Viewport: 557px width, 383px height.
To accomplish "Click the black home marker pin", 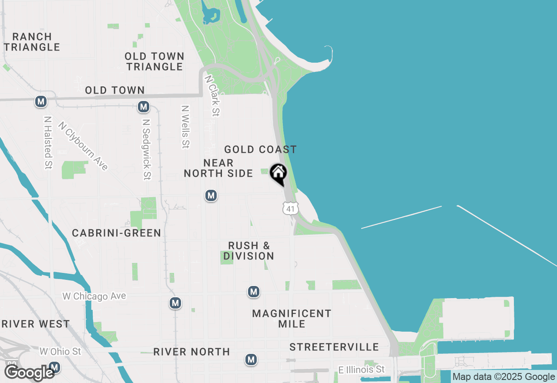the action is tap(278, 174).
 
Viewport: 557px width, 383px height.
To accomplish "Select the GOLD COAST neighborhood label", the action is tap(260, 149).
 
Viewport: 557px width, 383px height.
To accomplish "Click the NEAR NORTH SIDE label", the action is tap(218, 168).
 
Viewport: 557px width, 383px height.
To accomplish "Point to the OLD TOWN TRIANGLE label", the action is tap(154, 61).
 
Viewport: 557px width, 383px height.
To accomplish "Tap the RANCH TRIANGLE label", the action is tap(32, 42).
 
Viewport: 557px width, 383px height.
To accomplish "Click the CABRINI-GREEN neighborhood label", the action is tap(117, 233).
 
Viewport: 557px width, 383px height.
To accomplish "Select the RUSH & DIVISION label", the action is tap(249, 251).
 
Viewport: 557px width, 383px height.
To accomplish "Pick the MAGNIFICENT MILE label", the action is tap(292, 319).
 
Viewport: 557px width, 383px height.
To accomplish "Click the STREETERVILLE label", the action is tap(334, 347).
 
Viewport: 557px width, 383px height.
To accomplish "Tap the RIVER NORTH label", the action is tap(191, 352).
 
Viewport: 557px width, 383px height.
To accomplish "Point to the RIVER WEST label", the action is tap(35, 324).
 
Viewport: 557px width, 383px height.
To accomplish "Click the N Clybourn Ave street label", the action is tap(83, 145).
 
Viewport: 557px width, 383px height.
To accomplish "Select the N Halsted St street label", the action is tap(48, 142).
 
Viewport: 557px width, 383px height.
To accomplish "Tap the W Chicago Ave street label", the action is tap(94, 296).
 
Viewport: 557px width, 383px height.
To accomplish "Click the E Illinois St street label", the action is tap(362, 370).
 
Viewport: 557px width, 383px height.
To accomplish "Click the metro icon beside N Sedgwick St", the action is tap(143, 107).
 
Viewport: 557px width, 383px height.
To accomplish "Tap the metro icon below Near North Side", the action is tap(211, 196).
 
